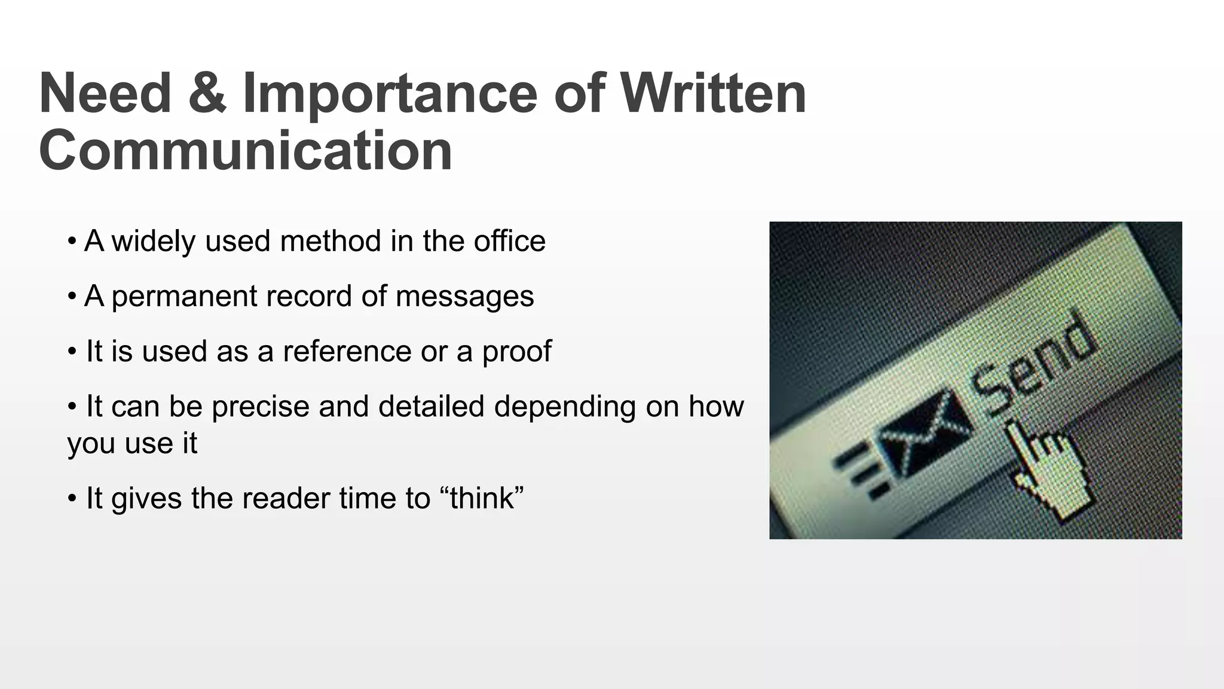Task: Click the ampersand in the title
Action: (207, 93)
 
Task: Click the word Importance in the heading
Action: (390, 94)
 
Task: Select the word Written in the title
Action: (713, 93)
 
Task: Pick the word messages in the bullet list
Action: (464, 297)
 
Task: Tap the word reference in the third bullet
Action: (347, 351)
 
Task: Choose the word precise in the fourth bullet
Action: (260, 407)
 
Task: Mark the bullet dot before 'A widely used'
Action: (72, 242)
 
